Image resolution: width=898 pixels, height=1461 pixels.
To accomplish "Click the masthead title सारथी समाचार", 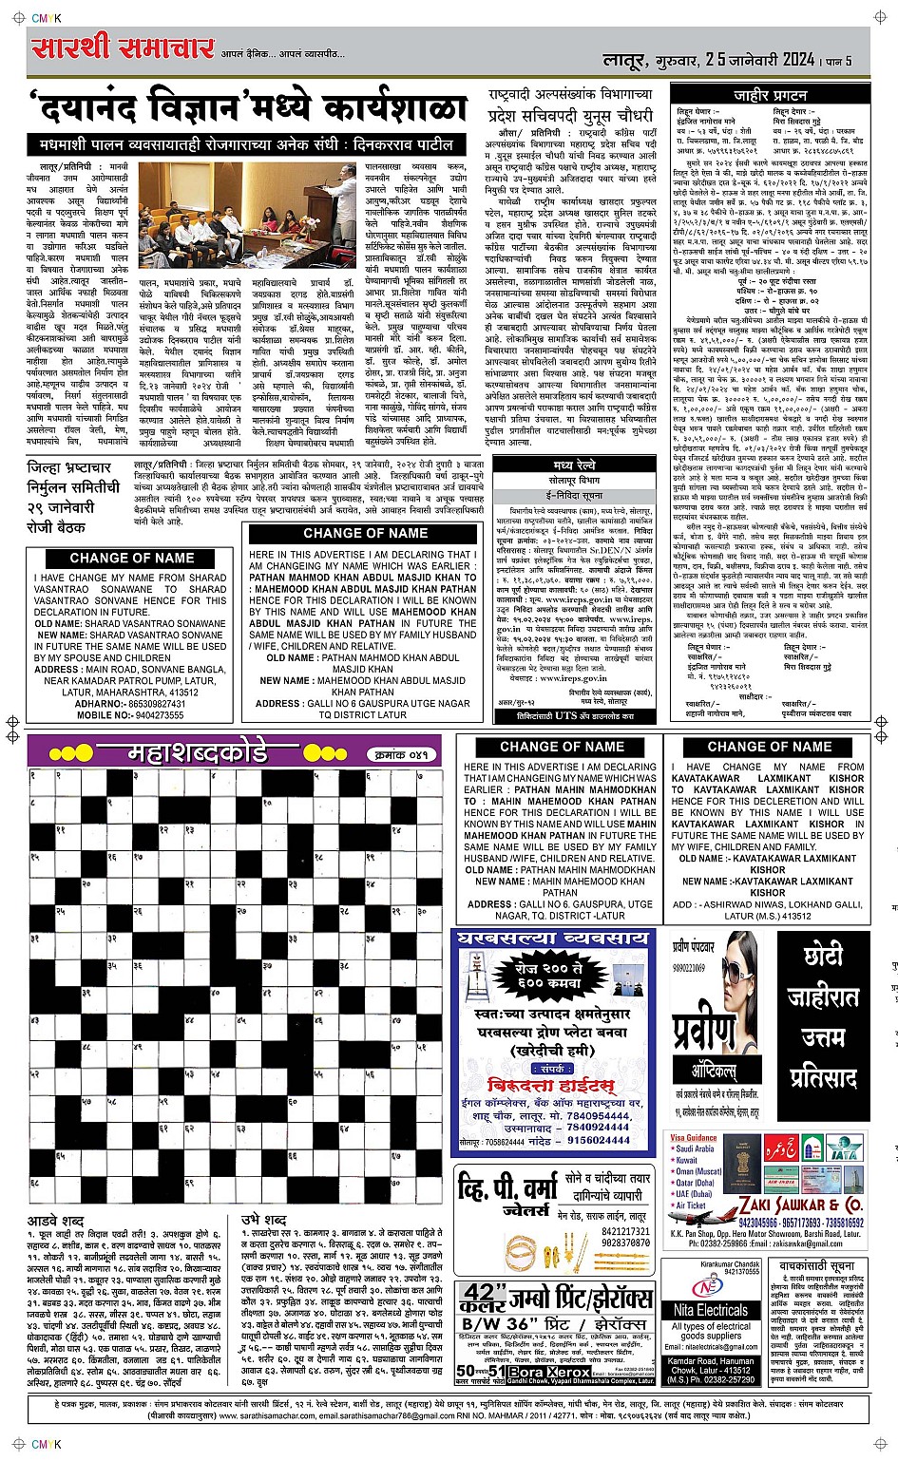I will [x=122, y=47].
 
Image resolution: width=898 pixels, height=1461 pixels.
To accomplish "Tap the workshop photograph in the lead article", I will [x=247, y=216].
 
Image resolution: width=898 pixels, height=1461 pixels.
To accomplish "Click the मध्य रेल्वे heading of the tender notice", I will [x=575, y=465].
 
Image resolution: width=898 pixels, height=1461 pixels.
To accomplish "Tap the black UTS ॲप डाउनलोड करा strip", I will [x=574, y=715].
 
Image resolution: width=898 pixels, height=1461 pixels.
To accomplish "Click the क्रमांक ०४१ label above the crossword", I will [x=401, y=754].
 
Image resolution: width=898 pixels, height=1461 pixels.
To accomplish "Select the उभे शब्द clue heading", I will [x=264, y=1220].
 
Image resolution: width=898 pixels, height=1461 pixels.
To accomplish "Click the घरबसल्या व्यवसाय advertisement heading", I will [x=553, y=939].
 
